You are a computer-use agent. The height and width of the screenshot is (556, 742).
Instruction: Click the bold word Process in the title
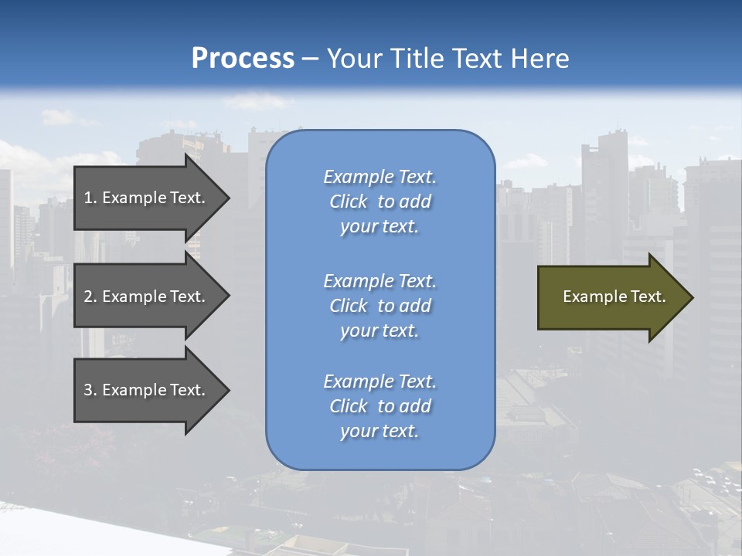pyautogui.click(x=243, y=59)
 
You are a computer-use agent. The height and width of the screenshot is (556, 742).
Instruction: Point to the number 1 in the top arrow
pyautogui.click(x=88, y=198)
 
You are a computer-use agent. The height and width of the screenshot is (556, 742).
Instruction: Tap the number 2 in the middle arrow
pyautogui.click(x=88, y=297)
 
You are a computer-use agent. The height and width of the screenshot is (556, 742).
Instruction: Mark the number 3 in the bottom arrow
pyautogui.click(x=88, y=390)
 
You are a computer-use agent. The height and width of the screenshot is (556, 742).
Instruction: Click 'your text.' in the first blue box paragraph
pyautogui.click(x=380, y=227)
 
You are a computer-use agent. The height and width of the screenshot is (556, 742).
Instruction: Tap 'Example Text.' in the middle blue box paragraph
pyautogui.click(x=380, y=281)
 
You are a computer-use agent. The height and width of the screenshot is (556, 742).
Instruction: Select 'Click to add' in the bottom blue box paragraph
pyautogui.click(x=380, y=406)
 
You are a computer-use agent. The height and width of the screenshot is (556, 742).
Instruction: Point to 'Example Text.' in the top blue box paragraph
pyautogui.click(x=380, y=177)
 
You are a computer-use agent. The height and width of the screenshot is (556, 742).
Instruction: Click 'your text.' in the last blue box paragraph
pyautogui.click(x=380, y=432)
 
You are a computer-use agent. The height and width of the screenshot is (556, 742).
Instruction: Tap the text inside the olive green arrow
pyautogui.click(x=614, y=297)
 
